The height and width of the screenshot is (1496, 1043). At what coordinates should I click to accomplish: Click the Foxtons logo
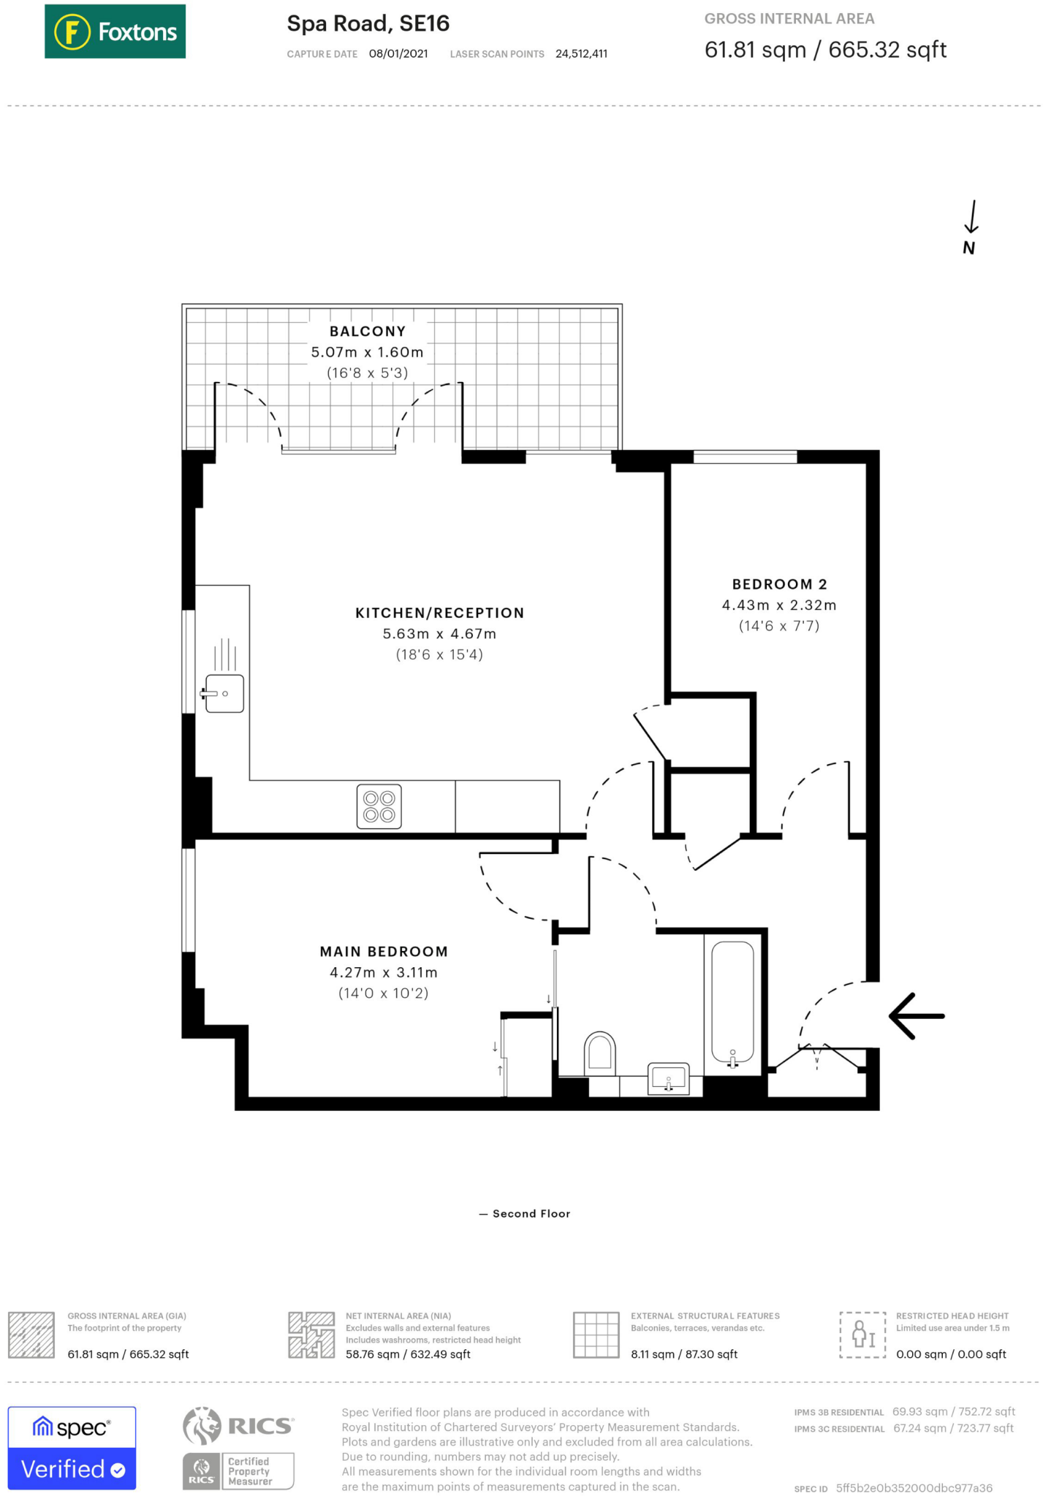coord(115,31)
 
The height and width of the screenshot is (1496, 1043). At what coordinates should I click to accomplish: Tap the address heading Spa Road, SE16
coord(368,23)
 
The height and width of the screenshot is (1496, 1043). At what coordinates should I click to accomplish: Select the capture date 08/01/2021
coord(398,54)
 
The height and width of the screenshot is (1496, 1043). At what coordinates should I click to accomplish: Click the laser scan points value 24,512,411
coord(581,54)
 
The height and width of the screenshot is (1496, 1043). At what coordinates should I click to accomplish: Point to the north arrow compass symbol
coord(970,226)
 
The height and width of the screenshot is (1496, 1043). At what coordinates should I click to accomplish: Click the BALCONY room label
coord(367,332)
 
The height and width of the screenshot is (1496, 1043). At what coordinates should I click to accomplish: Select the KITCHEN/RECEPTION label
coord(439,613)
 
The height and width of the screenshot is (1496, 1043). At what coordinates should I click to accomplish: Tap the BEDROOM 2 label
coord(779,584)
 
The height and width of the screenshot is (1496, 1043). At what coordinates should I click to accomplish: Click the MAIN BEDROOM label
coord(383,952)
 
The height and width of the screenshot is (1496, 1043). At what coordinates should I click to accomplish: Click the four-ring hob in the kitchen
coord(379,806)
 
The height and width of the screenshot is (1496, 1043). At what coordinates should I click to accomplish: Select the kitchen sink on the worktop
coord(224,693)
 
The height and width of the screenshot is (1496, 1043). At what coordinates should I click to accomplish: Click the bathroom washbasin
coord(668,1078)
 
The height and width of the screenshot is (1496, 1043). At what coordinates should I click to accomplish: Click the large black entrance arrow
coord(916,1016)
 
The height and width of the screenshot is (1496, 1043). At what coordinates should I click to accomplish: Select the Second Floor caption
coord(531,1213)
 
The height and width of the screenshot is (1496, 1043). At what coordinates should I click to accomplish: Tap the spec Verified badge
coord(72,1448)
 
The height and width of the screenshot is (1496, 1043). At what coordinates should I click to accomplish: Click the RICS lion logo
coord(202,1426)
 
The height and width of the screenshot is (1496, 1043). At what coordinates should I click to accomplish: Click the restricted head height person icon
coord(862,1335)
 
